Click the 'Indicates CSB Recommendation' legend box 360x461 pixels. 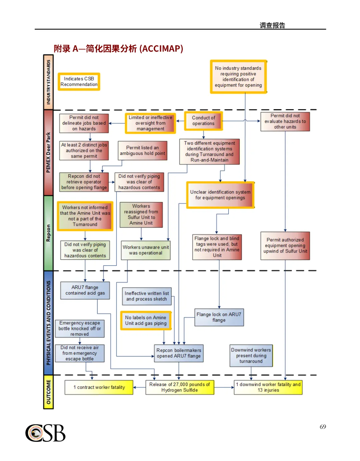click(79, 82)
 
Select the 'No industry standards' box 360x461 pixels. click(238, 77)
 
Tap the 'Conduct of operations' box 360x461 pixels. click(203, 121)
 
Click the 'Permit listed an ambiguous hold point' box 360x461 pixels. click(142, 151)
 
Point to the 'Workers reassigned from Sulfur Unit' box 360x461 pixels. click(141, 215)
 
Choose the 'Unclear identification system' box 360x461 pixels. click(220, 195)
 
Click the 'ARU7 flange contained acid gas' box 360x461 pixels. click(85, 290)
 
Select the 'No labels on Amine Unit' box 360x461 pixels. click(146, 320)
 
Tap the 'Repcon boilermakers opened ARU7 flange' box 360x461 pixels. click(179, 353)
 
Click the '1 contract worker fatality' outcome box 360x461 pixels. click(99, 387)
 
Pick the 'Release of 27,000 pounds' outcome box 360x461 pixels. click(180, 387)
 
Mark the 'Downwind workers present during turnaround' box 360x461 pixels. click(251, 356)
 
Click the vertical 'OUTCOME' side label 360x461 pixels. click(48, 392)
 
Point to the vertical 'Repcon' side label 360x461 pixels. click(48, 233)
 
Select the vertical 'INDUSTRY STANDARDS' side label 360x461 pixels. click(48, 82)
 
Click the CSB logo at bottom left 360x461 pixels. click(45, 433)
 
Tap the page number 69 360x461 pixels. click(323, 427)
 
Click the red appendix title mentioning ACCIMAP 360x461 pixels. click(118, 49)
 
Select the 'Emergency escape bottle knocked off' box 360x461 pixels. click(80, 329)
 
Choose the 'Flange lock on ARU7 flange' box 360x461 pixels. click(219, 317)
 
